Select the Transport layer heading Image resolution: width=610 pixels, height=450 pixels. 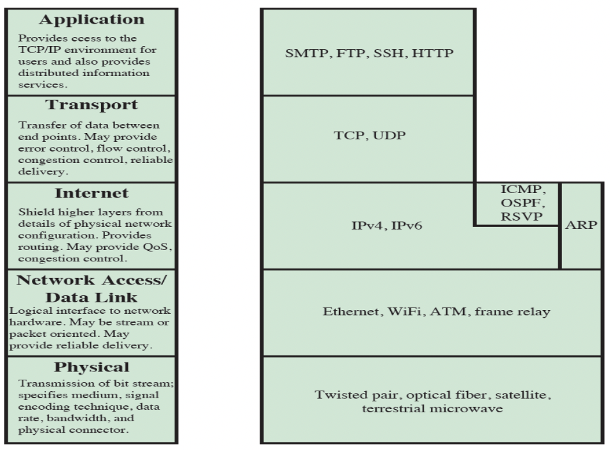click(90, 105)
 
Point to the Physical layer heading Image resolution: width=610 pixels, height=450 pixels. click(90, 368)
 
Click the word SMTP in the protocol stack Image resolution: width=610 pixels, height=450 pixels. click(304, 53)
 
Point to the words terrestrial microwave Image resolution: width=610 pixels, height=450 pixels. click(432, 408)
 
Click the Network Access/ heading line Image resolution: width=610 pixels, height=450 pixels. click(90, 281)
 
